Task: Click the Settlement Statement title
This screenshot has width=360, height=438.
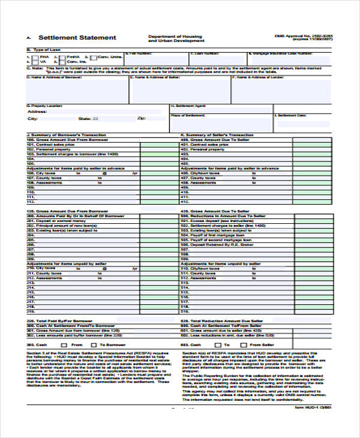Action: point(77,38)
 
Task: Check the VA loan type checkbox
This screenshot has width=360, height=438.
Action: point(36,62)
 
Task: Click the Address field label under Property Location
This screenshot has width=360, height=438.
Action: point(37,112)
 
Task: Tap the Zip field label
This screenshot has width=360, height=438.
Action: point(142,118)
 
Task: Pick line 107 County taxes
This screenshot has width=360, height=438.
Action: point(48,178)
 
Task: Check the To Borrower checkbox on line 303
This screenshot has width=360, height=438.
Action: point(94,346)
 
